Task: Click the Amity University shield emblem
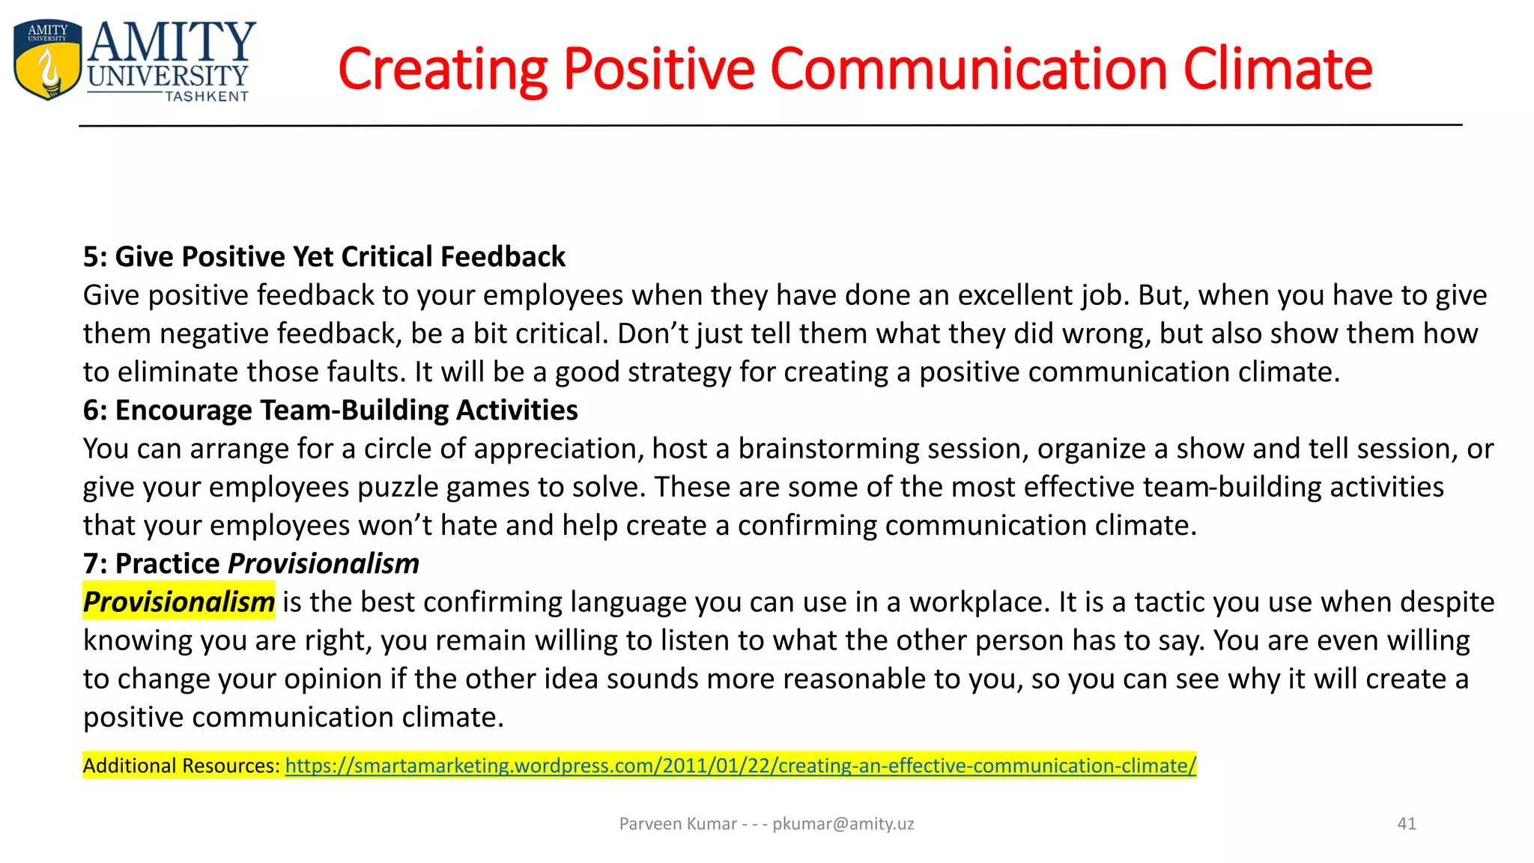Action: pyautogui.click(x=46, y=60)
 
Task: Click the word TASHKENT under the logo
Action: pyautogui.click(x=206, y=97)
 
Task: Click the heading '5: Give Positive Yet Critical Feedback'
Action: pyautogui.click(x=324, y=257)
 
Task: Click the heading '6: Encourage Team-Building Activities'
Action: pyautogui.click(x=330, y=411)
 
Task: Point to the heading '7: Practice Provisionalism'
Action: pyautogui.click(x=251, y=564)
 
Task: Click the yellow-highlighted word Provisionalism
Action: pyautogui.click(x=178, y=602)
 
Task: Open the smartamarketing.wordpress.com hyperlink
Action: pyautogui.click(x=740, y=766)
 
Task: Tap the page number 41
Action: pyautogui.click(x=1407, y=824)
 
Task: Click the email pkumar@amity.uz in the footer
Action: pyautogui.click(x=843, y=824)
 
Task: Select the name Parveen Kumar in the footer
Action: pyautogui.click(x=678, y=824)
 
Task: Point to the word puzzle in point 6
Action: pyautogui.click(x=397, y=488)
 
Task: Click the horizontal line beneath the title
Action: pyautogui.click(x=770, y=125)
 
